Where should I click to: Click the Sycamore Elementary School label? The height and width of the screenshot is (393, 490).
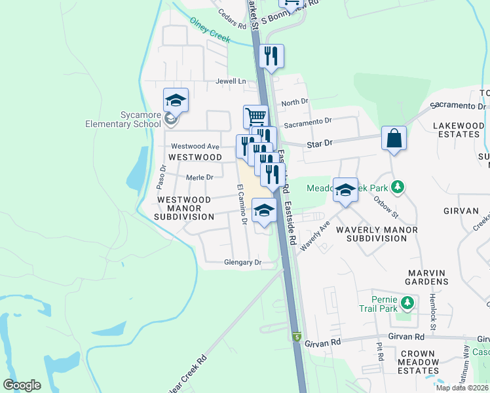pos(131,119)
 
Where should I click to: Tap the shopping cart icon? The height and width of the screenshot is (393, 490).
pos(255,117)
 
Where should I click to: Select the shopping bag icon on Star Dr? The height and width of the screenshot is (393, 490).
pos(394,138)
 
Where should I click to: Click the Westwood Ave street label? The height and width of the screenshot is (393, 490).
pos(195,146)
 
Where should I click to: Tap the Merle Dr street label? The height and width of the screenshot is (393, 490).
pos(200,177)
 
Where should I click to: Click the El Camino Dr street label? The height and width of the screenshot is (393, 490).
pos(241,204)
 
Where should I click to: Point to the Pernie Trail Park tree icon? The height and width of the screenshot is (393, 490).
pos(408,302)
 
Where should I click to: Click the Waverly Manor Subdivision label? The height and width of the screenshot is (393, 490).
pos(377,234)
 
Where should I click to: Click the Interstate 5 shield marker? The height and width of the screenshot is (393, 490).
pos(297,337)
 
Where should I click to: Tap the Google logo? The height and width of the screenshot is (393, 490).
pos(22,385)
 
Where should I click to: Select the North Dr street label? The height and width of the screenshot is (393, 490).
pos(294,102)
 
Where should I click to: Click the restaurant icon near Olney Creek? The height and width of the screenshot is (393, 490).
pos(271,57)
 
